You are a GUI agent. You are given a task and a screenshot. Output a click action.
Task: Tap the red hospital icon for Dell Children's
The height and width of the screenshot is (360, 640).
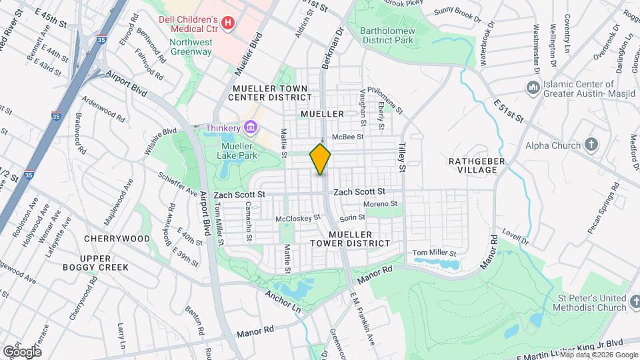pyautogui.click(x=228, y=24)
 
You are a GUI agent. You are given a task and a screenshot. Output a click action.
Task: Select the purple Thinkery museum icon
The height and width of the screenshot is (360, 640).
pyautogui.click(x=251, y=127)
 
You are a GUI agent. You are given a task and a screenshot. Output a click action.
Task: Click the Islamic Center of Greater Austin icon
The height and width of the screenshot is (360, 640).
pyautogui.click(x=532, y=88)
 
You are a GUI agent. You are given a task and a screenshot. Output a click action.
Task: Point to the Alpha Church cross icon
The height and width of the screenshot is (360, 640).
pyautogui.click(x=591, y=144)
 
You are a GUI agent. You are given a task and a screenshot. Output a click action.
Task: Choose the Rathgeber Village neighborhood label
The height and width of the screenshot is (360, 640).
pyautogui.click(x=481, y=165)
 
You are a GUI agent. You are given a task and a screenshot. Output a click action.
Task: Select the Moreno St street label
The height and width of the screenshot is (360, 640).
pyautogui.click(x=381, y=203)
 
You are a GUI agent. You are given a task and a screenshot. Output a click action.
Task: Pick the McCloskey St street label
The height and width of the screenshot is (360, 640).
pyautogui.click(x=298, y=217)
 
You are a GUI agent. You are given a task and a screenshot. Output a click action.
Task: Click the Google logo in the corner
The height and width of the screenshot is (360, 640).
pyautogui.click(x=22, y=351)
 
